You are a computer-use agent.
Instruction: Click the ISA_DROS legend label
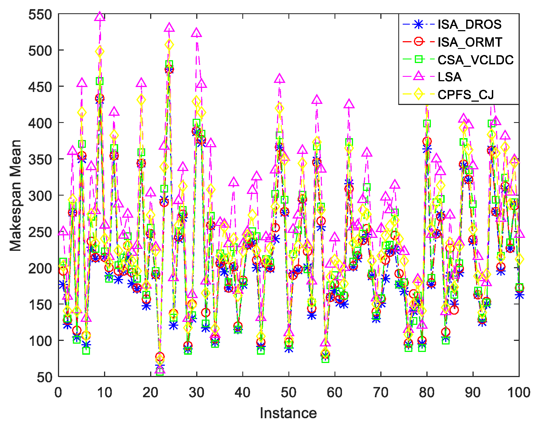[469, 24]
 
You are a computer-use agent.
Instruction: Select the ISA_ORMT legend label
[470, 42]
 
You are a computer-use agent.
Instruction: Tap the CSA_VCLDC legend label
[476, 60]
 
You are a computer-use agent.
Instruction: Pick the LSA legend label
[450, 77]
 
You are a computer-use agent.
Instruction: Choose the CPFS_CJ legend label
[465, 94]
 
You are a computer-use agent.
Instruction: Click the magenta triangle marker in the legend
[418, 76]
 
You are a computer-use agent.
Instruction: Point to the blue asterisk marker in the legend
[418, 24]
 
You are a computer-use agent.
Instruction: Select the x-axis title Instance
[288, 413]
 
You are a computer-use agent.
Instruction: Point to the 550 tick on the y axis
[40, 14]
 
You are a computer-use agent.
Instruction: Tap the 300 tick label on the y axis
[40, 196]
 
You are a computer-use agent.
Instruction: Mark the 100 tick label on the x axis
[519, 393]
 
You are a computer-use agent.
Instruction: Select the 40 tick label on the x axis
[242, 393]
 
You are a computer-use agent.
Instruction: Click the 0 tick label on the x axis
[58, 393]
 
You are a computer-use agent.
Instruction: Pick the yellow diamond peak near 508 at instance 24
[169, 44]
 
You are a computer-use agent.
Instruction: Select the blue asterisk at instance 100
[519, 295]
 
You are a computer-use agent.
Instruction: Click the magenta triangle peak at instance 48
[280, 79]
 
